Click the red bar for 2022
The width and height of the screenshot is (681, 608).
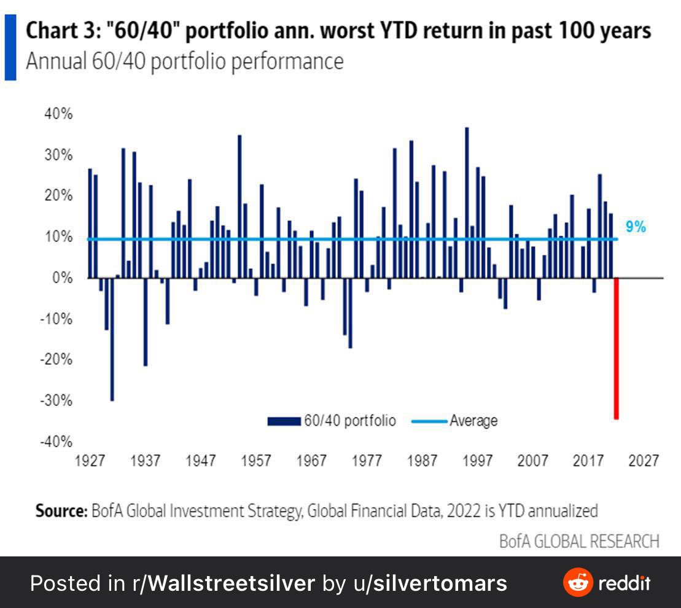click(616, 348)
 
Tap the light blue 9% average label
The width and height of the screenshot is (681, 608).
click(636, 227)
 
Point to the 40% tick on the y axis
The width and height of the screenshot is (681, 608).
click(59, 114)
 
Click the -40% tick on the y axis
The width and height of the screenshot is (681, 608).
click(57, 442)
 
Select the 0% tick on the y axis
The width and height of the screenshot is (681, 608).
click(62, 278)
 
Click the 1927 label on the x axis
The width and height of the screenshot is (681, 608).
click(90, 461)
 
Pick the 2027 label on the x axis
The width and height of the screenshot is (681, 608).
click(643, 461)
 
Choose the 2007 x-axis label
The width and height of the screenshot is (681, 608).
click(532, 461)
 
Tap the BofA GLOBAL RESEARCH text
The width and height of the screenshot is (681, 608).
click(579, 540)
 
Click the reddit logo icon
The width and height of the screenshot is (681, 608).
click(578, 582)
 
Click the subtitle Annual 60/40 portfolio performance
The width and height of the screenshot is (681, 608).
click(184, 62)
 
